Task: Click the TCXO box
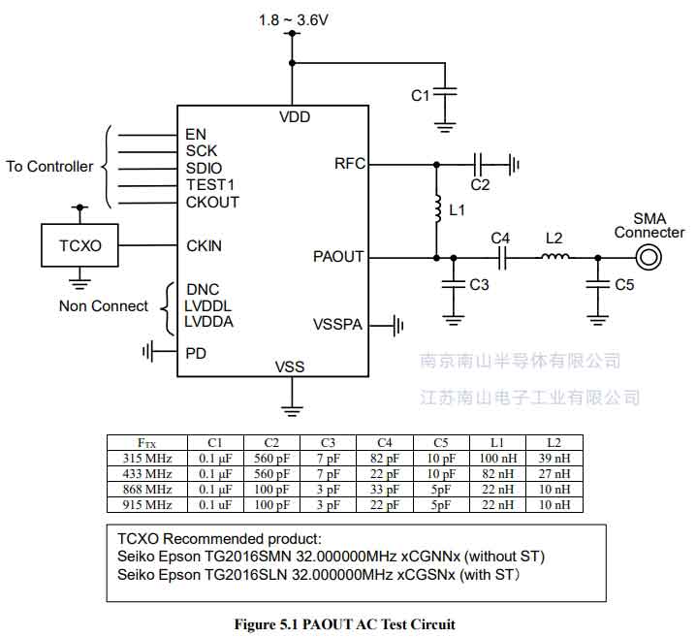79,245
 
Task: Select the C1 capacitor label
420,95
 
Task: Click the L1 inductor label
459,209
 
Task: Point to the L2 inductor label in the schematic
554,237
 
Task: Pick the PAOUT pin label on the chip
338,257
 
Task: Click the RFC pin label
349,164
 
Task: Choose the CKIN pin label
204,245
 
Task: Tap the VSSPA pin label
337,324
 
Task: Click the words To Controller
49,167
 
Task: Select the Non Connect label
104,306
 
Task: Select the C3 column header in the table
329,443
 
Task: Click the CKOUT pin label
212,202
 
